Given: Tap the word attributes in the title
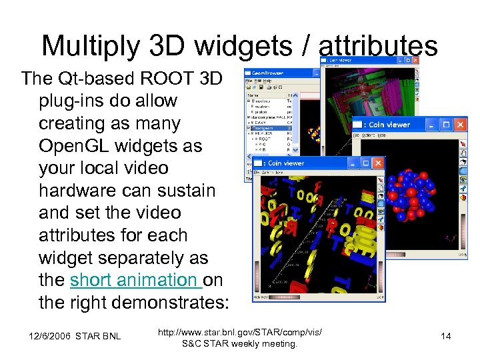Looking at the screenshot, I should (378, 45).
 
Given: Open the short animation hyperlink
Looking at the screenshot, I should (135, 281).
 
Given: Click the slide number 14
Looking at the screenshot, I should (446, 336).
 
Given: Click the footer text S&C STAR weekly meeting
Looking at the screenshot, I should (240, 344).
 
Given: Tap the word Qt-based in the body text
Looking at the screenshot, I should (85, 79).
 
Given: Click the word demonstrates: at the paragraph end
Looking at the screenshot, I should (165, 303).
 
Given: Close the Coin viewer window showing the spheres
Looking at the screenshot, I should (460, 125).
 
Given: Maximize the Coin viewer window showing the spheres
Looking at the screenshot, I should (445, 125).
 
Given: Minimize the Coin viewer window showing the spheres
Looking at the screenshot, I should (431, 125).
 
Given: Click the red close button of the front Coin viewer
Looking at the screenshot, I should (378, 163).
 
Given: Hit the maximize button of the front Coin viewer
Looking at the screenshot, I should (363, 163).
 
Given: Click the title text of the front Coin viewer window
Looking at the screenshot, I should (286, 163).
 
